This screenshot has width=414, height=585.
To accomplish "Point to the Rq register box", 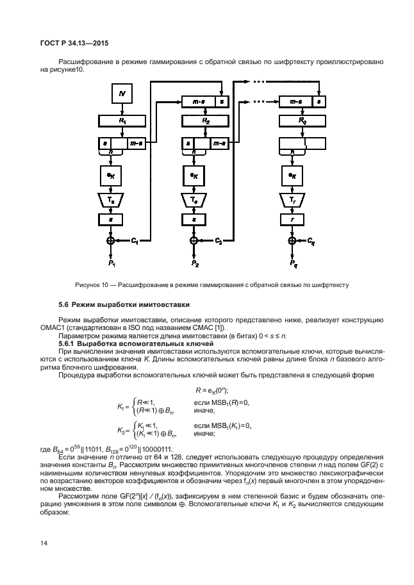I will click(302, 120).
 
